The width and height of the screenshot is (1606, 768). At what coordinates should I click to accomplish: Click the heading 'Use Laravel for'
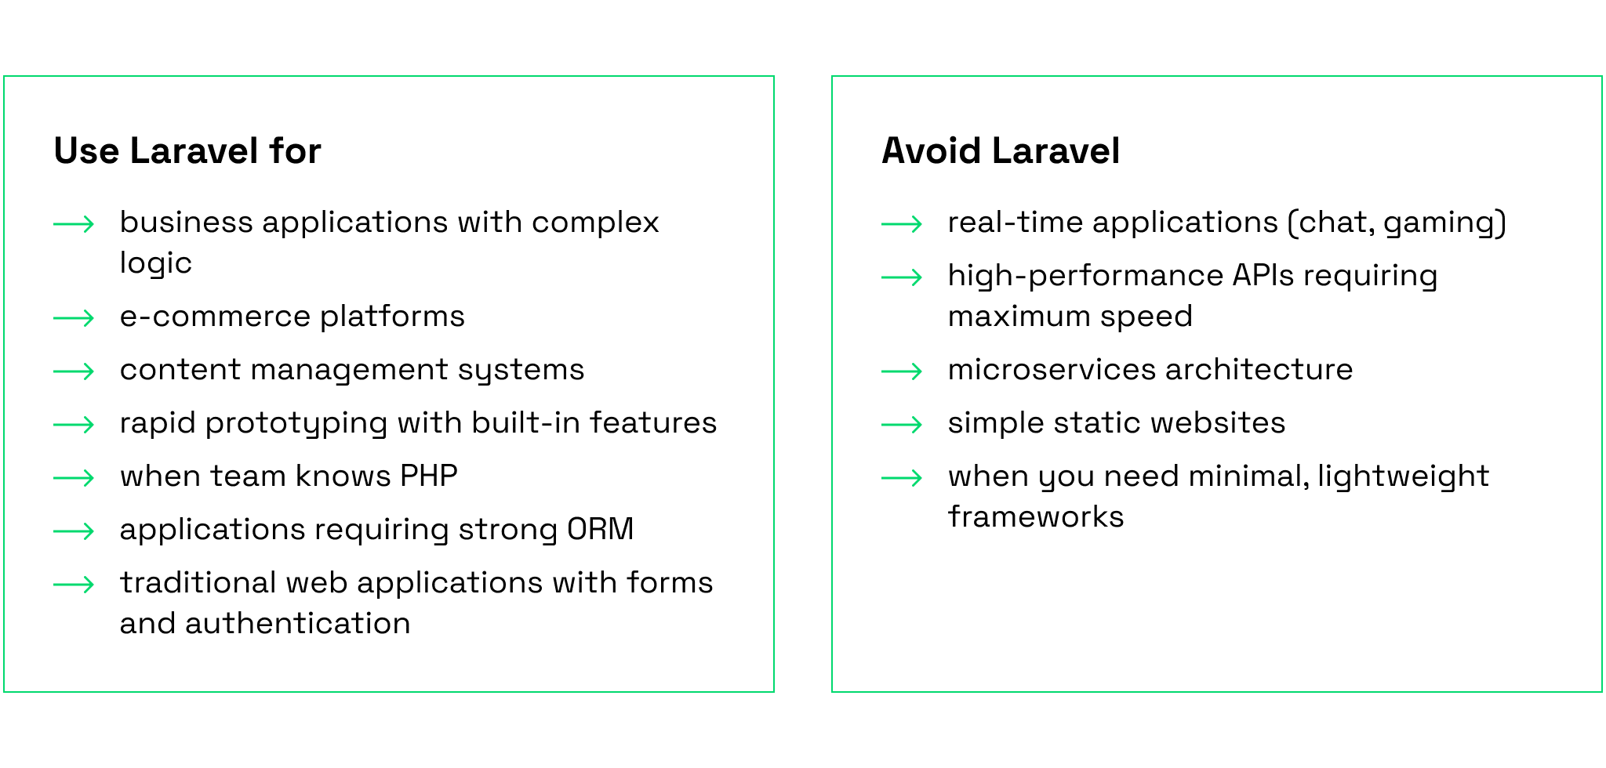tap(187, 150)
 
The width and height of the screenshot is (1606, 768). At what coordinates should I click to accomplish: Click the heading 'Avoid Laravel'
tap(1001, 150)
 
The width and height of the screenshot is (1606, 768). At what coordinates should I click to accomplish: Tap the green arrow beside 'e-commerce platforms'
tap(74, 317)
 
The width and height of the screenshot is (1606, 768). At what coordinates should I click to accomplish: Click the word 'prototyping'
tap(296, 424)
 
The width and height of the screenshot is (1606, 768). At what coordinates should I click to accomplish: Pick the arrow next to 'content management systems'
tap(74, 371)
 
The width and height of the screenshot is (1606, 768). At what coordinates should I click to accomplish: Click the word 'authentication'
tap(298, 623)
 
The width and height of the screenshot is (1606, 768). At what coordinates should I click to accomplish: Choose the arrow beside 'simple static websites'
tap(902, 424)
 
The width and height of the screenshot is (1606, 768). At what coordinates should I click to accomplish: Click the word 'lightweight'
tap(1403, 476)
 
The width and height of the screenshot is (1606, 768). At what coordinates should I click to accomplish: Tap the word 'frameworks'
tap(1036, 516)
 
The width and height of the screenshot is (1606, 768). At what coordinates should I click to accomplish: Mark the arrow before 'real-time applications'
tap(902, 223)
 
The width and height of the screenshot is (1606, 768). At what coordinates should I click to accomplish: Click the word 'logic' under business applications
tap(156, 264)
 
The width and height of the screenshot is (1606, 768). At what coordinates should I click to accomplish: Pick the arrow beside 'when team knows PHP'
tap(74, 477)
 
